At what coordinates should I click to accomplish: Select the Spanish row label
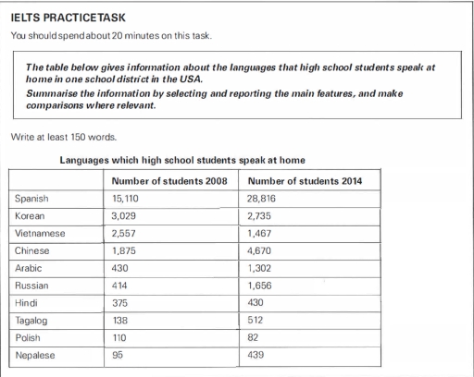tap(33, 198)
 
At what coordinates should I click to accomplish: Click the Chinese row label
tap(32, 250)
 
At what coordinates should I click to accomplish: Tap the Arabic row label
tap(30, 268)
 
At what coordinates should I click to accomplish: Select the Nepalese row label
tap(35, 356)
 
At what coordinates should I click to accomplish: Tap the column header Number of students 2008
tap(162, 178)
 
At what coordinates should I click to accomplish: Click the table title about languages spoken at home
tap(182, 159)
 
